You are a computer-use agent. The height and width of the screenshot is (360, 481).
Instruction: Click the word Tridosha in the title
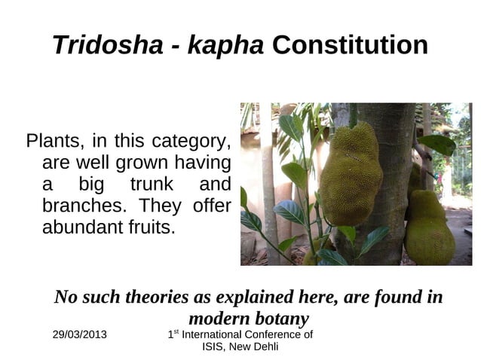click(106, 46)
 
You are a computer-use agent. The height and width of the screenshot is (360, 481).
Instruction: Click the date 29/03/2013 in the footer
click(80, 334)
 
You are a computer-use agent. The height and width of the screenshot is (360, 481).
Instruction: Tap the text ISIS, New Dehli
click(240, 346)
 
